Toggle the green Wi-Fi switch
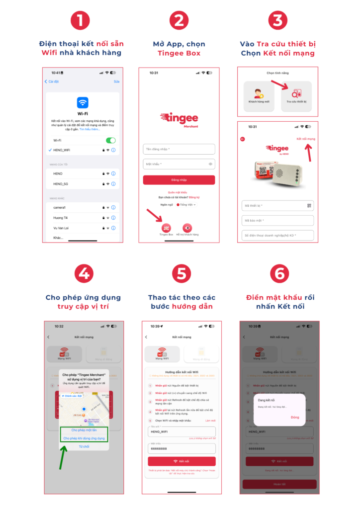[110, 141]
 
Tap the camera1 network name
[60, 207]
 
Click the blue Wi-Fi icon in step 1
[83, 102]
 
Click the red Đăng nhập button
[179, 180]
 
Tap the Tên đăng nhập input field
[179, 149]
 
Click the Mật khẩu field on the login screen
[179, 164]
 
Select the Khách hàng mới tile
[259, 96]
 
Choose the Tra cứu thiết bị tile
[296, 96]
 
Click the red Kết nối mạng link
[305, 139]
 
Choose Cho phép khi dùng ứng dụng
[84, 438]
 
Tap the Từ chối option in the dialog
[84, 447]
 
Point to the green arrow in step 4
[63, 457]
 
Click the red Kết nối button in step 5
[181, 461]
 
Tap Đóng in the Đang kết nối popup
[295, 417]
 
